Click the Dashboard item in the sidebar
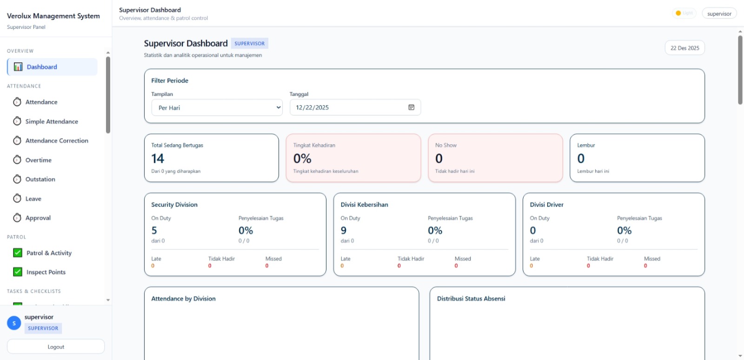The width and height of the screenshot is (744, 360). [42, 67]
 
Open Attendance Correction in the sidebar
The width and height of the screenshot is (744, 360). [56, 140]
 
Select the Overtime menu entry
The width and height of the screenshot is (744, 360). [38, 160]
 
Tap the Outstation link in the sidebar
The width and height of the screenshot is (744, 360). [40, 179]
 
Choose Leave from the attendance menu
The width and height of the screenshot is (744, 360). [33, 199]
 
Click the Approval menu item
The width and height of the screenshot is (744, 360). [38, 218]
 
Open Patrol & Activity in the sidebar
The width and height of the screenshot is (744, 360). [49, 253]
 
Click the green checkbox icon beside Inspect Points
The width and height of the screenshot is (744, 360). [18, 272]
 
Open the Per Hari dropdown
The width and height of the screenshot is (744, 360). [217, 107]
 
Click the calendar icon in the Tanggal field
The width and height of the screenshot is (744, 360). [411, 107]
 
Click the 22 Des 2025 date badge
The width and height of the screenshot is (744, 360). [684, 48]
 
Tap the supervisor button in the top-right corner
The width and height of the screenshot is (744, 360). [719, 13]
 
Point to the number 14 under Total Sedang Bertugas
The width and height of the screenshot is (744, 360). [158, 159]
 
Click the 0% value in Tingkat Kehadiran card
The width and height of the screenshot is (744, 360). [302, 159]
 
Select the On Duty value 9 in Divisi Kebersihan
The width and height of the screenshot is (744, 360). [344, 230]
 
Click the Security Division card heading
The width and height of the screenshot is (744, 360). [174, 205]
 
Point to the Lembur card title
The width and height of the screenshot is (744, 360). [586, 145]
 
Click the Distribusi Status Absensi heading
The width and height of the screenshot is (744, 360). [471, 299]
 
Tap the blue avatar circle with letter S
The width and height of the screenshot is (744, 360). [14, 323]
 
